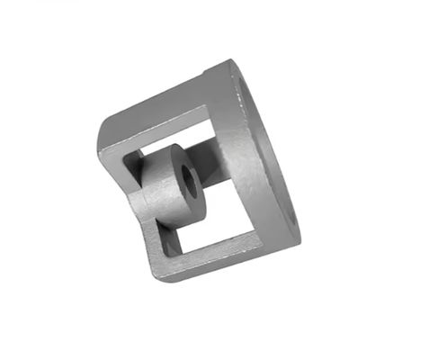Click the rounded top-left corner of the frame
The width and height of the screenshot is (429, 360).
[x=104, y=131]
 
